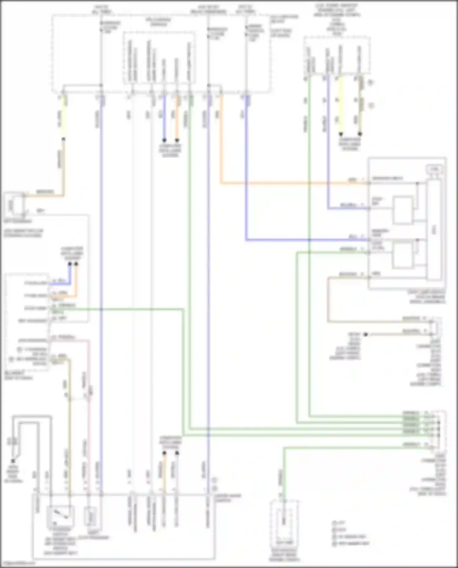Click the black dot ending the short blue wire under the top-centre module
164,140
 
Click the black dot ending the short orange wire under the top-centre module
177,140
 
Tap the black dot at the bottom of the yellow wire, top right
341,134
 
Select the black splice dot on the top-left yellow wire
64,139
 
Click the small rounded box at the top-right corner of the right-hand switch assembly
434,168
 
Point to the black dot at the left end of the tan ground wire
365,335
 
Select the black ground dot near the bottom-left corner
13,461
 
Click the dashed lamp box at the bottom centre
284,522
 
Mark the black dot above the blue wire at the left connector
70,264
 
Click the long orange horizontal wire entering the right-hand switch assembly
293,183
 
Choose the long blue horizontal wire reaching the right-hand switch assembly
305,240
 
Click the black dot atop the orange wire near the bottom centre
164,453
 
